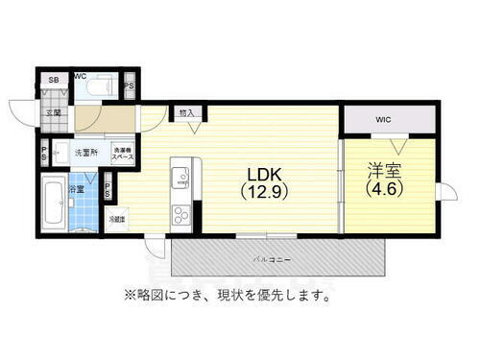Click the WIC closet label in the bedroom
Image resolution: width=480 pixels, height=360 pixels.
(x=384, y=120)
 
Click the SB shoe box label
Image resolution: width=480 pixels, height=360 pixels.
(x=54, y=81)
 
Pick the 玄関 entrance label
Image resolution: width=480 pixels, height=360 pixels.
(x=54, y=112)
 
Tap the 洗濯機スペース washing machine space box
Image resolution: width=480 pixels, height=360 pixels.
(x=122, y=152)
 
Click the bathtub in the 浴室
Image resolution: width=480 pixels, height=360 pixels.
(x=53, y=204)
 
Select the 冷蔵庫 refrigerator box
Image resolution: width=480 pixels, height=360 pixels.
(x=116, y=220)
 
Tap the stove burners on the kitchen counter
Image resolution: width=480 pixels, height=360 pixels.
(x=180, y=213)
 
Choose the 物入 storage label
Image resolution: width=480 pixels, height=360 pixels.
(x=186, y=113)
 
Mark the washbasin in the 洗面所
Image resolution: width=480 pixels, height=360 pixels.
(x=61, y=151)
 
